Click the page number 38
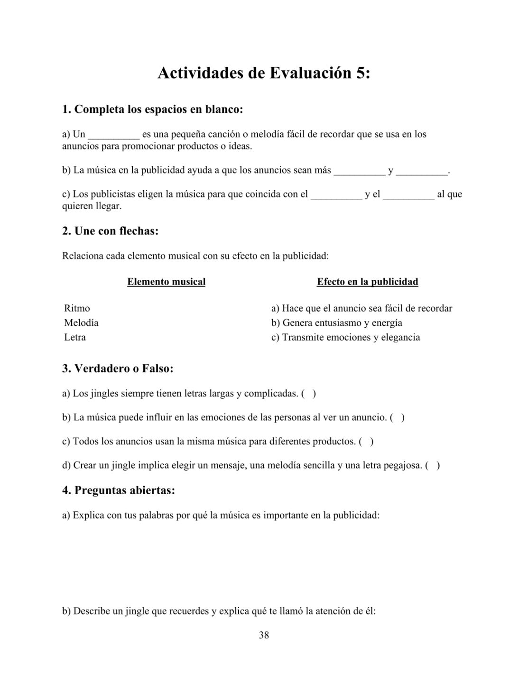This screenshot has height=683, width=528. [x=264, y=635]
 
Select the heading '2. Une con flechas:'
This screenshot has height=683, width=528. [x=110, y=231]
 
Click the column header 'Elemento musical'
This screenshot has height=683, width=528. [x=166, y=282]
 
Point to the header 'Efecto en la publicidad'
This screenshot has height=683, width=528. [x=367, y=282]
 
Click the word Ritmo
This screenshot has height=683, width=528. [x=77, y=308]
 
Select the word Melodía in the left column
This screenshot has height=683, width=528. [x=81, y=323]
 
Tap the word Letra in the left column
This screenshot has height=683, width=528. [x=75, y=337]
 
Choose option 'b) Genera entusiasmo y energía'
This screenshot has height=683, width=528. [x=336, y=323]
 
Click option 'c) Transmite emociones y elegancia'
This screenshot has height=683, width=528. [x=345, y=337]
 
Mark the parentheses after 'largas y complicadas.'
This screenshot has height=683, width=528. [x=308, y=393]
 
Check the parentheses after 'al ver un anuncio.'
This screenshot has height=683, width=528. [x=397, y=417]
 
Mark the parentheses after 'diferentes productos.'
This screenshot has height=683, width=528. [x=366, y=442]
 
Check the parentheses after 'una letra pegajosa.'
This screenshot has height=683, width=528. [x=432, y=465]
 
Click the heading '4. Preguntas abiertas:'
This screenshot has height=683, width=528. [x=119, y=490]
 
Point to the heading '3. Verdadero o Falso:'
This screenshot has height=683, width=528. [x=118, y=368]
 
